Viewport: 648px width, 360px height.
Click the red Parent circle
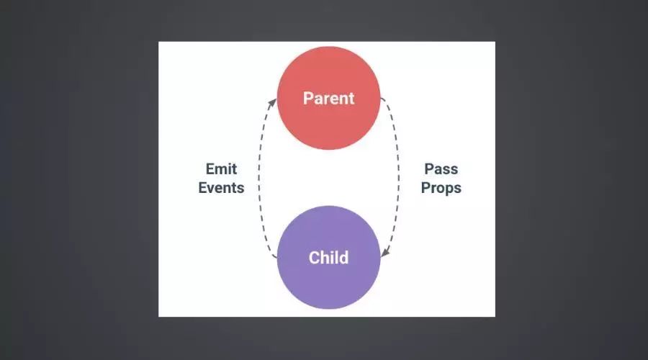click(328, 98)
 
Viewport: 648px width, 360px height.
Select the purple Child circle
click(328, 257)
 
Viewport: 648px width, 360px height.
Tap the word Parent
click(328, 99)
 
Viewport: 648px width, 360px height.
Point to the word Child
click(328, 258)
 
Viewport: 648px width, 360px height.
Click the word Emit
click(222, 168)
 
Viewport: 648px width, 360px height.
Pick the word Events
click(221, 188)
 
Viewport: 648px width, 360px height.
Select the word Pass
click(441, 168)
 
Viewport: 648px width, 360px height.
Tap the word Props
click(441, 188)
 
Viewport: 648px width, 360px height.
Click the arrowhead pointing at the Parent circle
click(272, 103)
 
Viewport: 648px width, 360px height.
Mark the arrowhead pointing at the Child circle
click(385, 252)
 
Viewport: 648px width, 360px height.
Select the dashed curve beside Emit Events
click(259, 178)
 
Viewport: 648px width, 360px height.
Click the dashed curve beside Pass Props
click(398, 178)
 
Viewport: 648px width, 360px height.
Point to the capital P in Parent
click(308, 99)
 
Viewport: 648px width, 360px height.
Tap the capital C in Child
click(315, 258)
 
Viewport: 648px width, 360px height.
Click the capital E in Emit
click(210, 168)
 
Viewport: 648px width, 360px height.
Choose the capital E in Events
click(202, 188)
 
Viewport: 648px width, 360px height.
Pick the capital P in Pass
click(429, 168)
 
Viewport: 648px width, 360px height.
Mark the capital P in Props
click(426, 188)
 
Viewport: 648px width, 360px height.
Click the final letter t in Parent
click(351, 99)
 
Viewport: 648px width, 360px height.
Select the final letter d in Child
click(344, 258)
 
